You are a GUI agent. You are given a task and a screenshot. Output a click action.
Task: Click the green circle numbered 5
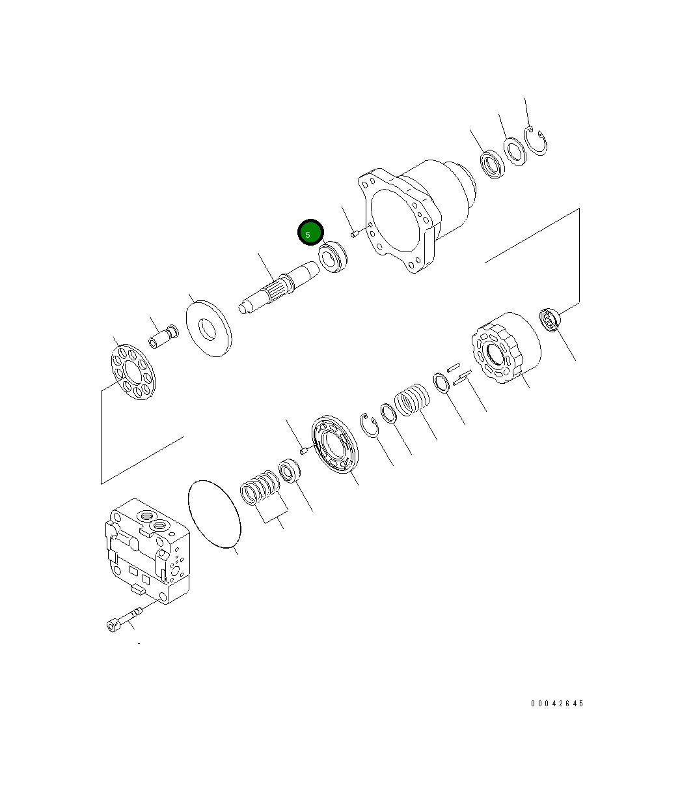coord(310,232)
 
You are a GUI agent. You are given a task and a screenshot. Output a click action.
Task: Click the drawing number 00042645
coord(557,704)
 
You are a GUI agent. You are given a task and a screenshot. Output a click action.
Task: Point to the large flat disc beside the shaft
coord(208,328)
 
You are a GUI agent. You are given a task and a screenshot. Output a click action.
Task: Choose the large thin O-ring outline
coord(215,514)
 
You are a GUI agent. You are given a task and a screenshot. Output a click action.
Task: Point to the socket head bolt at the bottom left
coord(122,620)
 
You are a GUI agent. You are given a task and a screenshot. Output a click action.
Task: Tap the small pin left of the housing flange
coord(355,233)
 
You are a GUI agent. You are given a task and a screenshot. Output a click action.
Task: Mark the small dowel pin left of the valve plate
coord(303,450)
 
